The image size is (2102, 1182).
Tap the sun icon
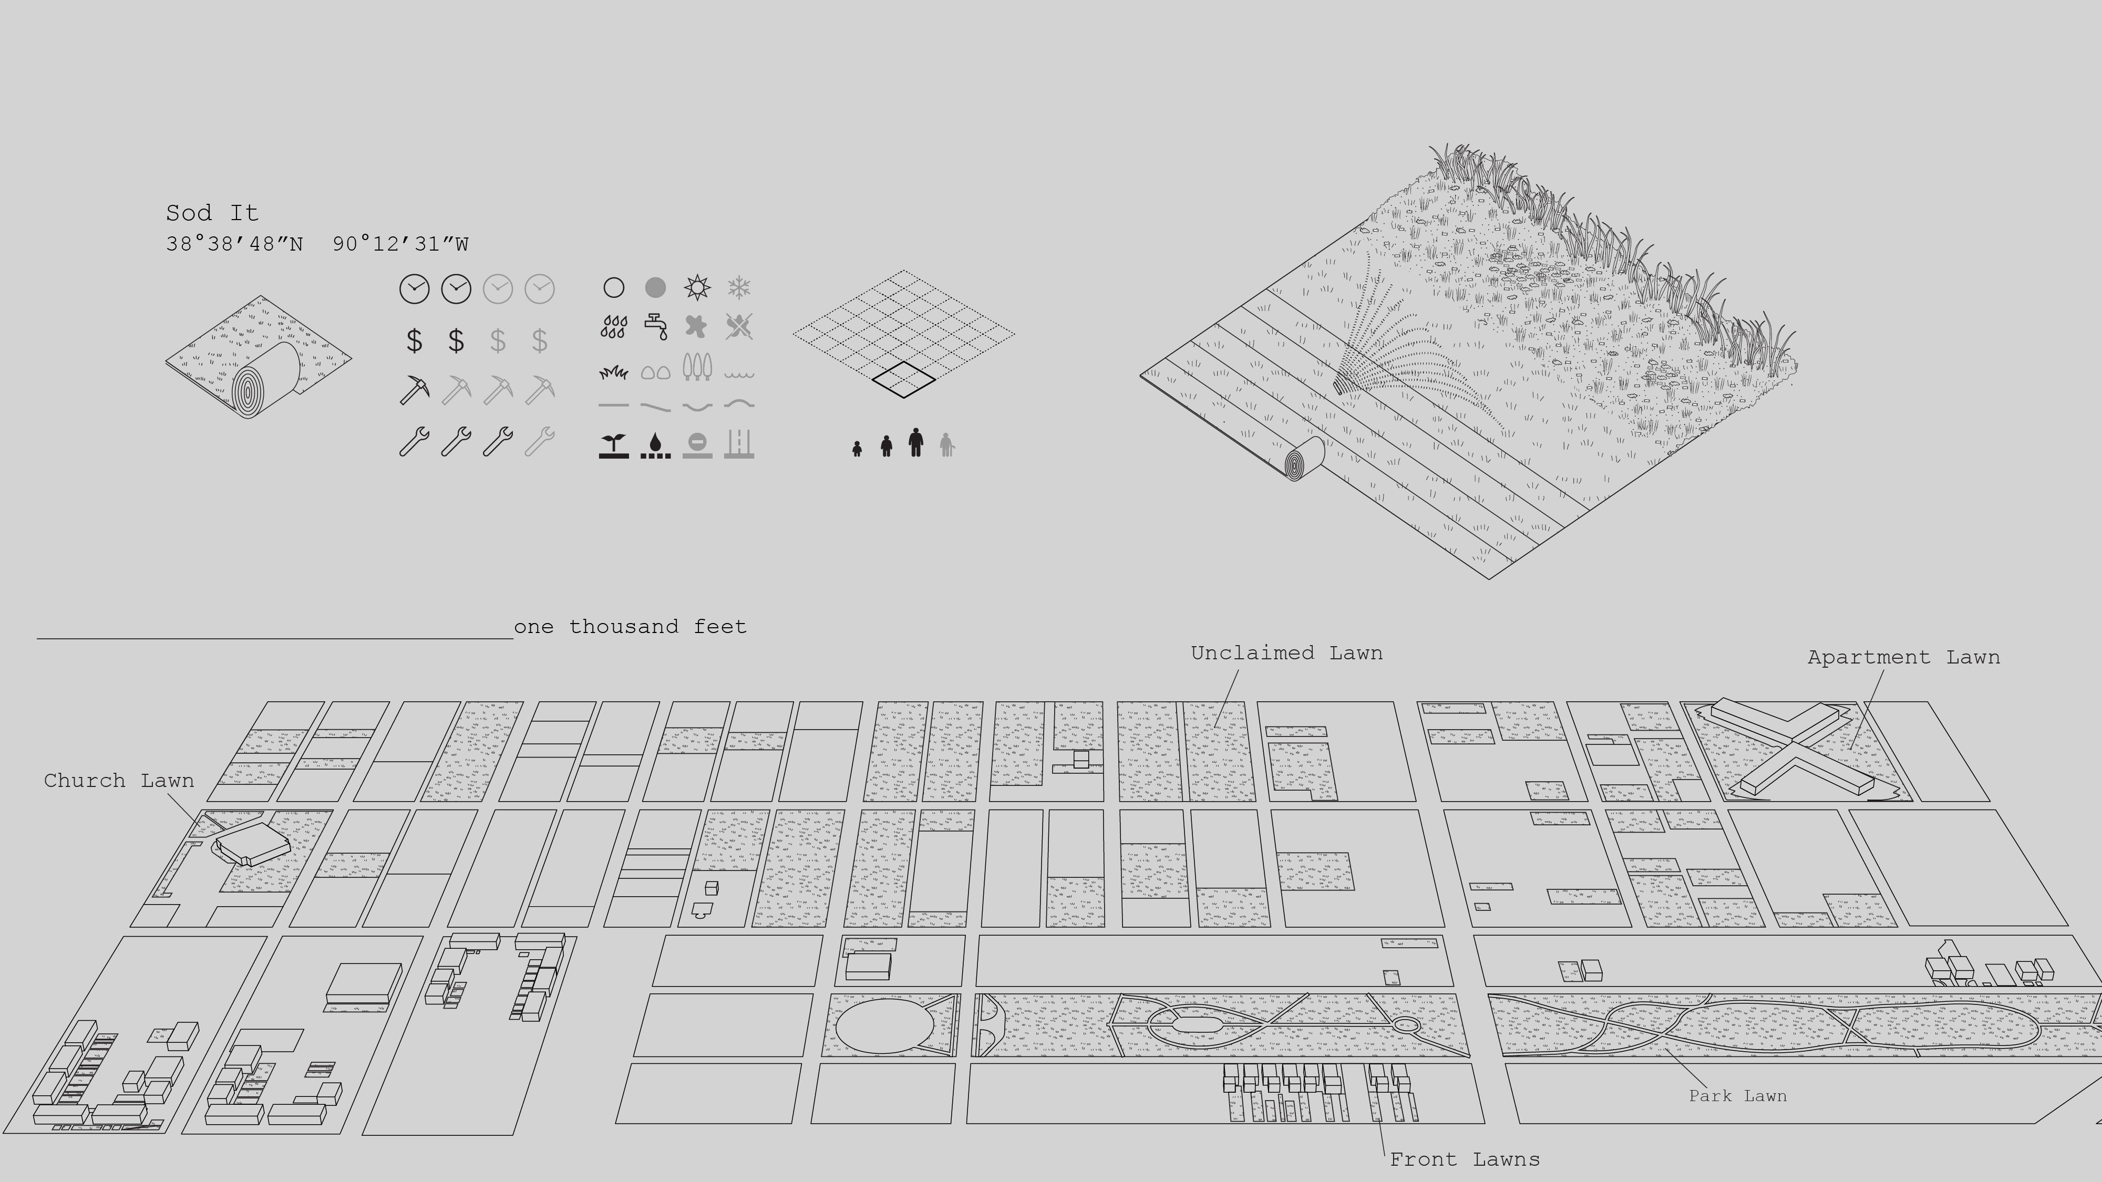697,287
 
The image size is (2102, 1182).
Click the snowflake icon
738,287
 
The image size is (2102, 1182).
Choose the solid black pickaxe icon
415,390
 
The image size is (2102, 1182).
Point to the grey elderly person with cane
946,444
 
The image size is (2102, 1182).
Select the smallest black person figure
857,449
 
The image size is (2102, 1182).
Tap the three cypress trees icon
697,367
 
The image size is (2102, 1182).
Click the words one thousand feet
630,627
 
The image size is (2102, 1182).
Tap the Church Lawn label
119,781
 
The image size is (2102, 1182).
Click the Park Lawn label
1737,1095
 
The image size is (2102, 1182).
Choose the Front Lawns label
1464,1159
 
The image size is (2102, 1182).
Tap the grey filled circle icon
655,287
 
